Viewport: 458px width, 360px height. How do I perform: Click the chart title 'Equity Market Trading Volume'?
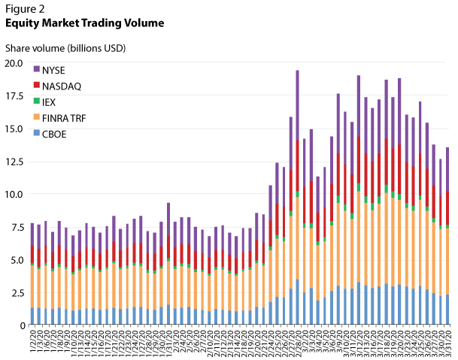coord(84,23)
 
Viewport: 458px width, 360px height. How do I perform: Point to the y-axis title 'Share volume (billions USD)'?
coord(65,48)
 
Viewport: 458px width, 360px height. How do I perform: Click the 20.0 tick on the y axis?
coord(15,63)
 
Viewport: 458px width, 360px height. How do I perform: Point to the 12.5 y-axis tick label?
coord(15,161)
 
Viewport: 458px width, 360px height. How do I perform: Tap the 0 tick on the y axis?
coord(23,325)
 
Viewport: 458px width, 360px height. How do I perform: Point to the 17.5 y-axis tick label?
coord(15,95)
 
